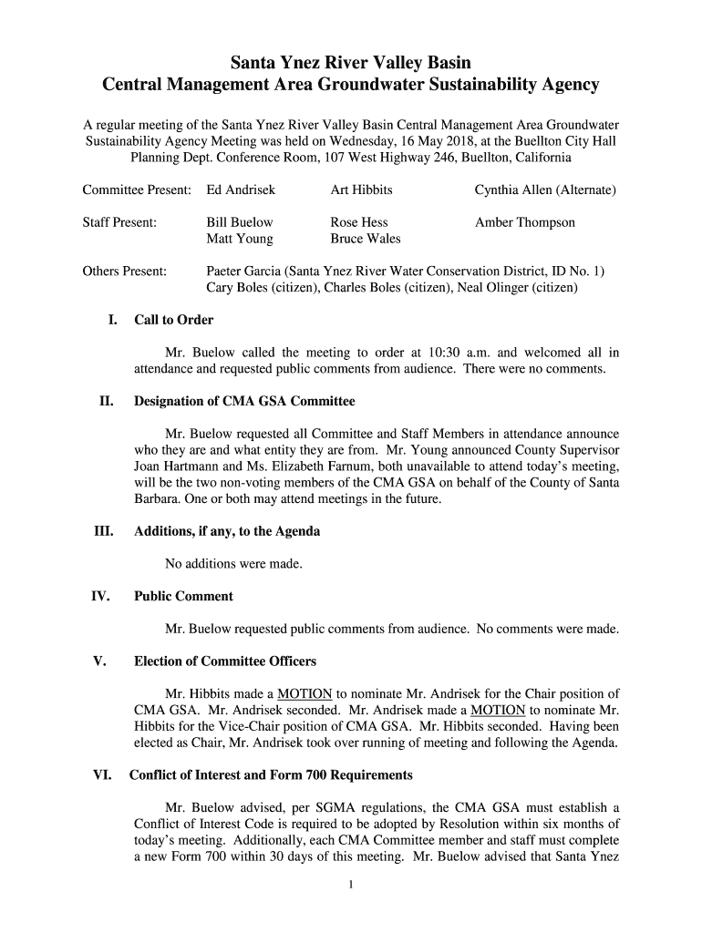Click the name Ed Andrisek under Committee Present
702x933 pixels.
(x=241, y=190)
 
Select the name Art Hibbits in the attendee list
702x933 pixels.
(x=361, y=190)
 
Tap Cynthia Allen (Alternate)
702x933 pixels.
(x=545, y=190)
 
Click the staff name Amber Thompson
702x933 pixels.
(x=524, y=222)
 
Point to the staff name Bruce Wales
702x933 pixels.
(x=365, y=239)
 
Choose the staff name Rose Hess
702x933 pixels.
(x=358, y=222)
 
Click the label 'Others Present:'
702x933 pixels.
(x=124, y=271)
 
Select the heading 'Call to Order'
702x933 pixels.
(x=173, y=320)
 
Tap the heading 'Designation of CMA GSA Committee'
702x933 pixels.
(x=244, y=402)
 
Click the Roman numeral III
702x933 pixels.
(x=103, y=531)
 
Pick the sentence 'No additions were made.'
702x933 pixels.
(x=233, y=564)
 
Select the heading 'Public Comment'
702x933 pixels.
(x=183, y=597)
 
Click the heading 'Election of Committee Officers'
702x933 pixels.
(x=225, y=661)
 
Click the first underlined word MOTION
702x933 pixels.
(x=305, y=694)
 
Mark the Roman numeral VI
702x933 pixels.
(x=102, y=775)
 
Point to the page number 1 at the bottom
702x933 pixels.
(x=351, y=884)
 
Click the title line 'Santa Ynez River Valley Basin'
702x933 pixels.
(x=350, y=63)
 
